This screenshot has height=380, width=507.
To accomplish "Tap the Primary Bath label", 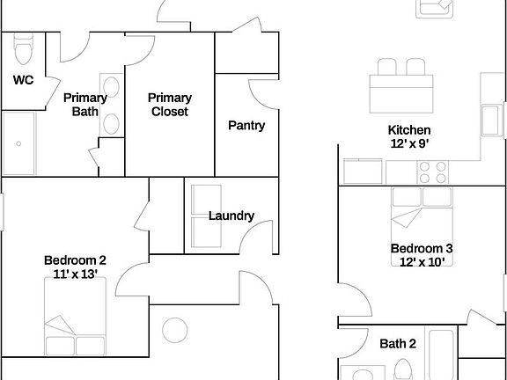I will click(x=84, y=105).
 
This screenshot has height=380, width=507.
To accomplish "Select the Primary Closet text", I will click(x=169, y=105).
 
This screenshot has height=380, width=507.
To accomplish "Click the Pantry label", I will click(x=246, y=126).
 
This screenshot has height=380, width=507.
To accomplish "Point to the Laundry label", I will click(x=231, y=216).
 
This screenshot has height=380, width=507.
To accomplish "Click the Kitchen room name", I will click(x=409, y=129).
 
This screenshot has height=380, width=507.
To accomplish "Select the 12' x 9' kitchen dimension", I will click(x=409, y=142).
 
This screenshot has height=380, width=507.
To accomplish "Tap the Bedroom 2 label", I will click(x=75, y=260).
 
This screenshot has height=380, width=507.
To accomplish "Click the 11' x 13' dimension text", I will click(x=75, y=274).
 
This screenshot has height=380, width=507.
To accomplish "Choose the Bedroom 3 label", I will click(x=422, y=248).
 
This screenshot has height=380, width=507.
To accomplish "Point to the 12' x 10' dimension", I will click(x=422, y=261).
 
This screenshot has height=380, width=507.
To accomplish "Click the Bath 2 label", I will click(x=398, y=343).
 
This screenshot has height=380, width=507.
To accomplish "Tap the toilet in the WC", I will click(x=24, y=43).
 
